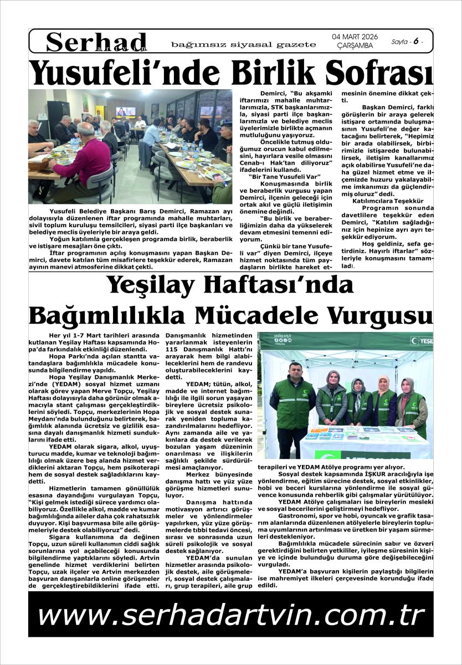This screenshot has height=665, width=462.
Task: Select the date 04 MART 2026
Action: pos(355,37)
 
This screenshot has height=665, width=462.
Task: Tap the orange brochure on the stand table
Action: pos(317,431)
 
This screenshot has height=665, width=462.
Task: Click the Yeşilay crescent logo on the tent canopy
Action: pos(414,340)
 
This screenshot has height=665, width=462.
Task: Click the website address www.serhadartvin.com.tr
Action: pos(230,615)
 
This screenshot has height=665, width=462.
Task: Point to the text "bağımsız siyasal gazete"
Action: pos(244,44)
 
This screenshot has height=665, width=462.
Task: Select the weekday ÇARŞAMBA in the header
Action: pos(355,45)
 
